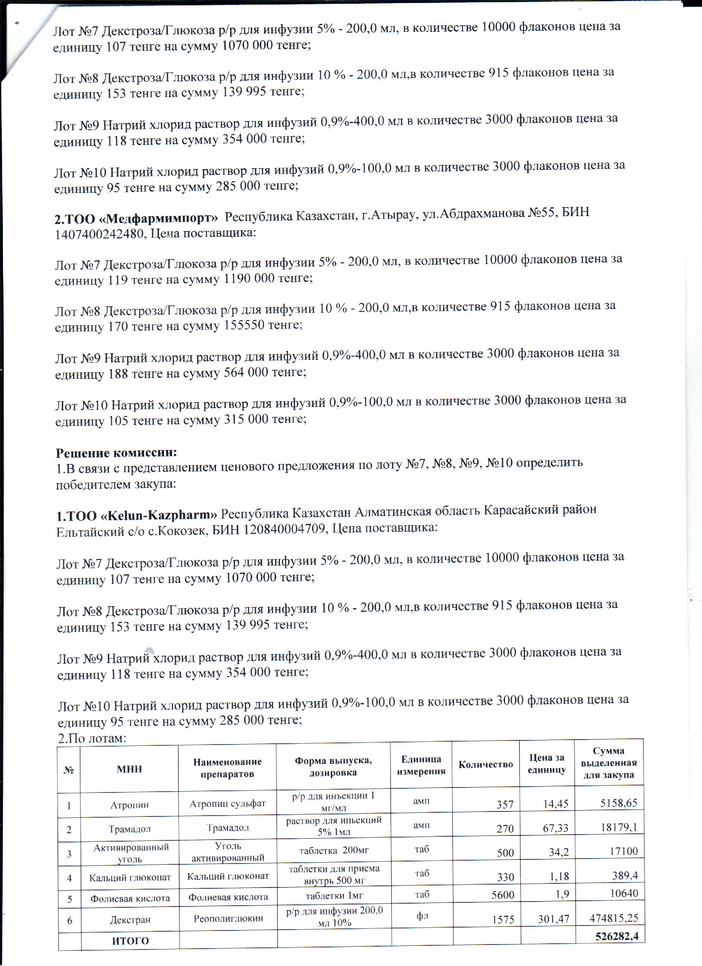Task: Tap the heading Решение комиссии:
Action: coord(116,452)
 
